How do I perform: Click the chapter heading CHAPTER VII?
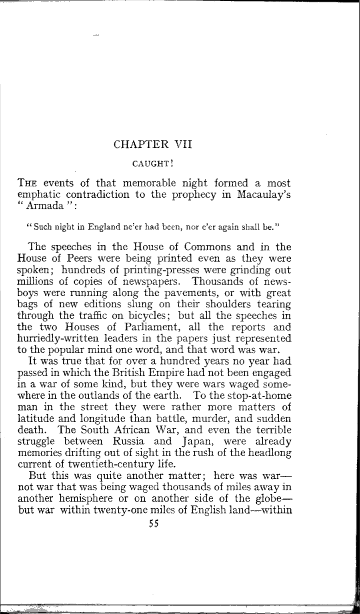pyautogui.click(x=153, y=144)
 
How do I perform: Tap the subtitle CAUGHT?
pyautogui.click(x=153, y=163)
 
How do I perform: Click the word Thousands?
pyautogui.click(x=226, y=281)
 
